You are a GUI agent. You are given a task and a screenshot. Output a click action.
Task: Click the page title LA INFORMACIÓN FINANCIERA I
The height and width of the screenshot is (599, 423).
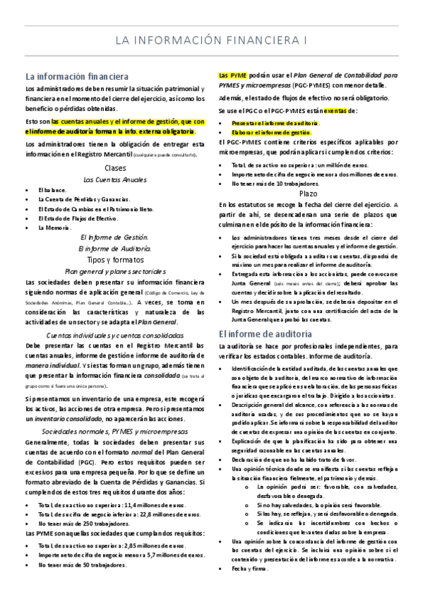pos(211,40)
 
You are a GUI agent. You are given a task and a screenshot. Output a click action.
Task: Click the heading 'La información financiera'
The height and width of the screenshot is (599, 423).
pos(76,76)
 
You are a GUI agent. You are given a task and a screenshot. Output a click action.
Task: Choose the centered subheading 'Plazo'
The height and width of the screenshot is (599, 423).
pos(308,193)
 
